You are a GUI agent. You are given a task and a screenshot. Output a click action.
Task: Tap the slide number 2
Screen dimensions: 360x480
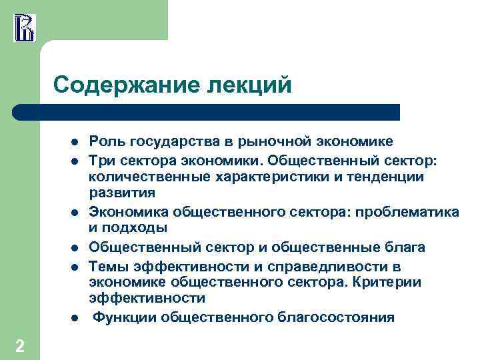tap(20, 345)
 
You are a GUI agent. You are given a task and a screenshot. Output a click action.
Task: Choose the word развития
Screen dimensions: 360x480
tap(122, 194)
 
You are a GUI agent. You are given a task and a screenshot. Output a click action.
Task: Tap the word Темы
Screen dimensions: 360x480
tap(109, 267)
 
